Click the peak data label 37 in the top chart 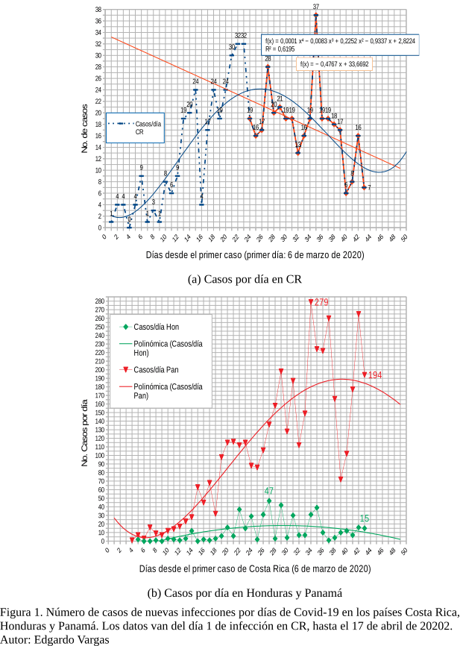(x=316, y=7)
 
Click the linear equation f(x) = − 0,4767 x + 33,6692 (x=334, y=65)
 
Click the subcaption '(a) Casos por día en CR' (x=236, y=279)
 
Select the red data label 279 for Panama (x=321, y=302)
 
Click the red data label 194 (x=375, y=374)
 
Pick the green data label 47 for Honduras (x=268, y=490)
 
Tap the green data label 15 (x=365, y=518)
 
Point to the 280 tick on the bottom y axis (x=98, y=301)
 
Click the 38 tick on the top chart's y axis (x=99, y=10)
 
